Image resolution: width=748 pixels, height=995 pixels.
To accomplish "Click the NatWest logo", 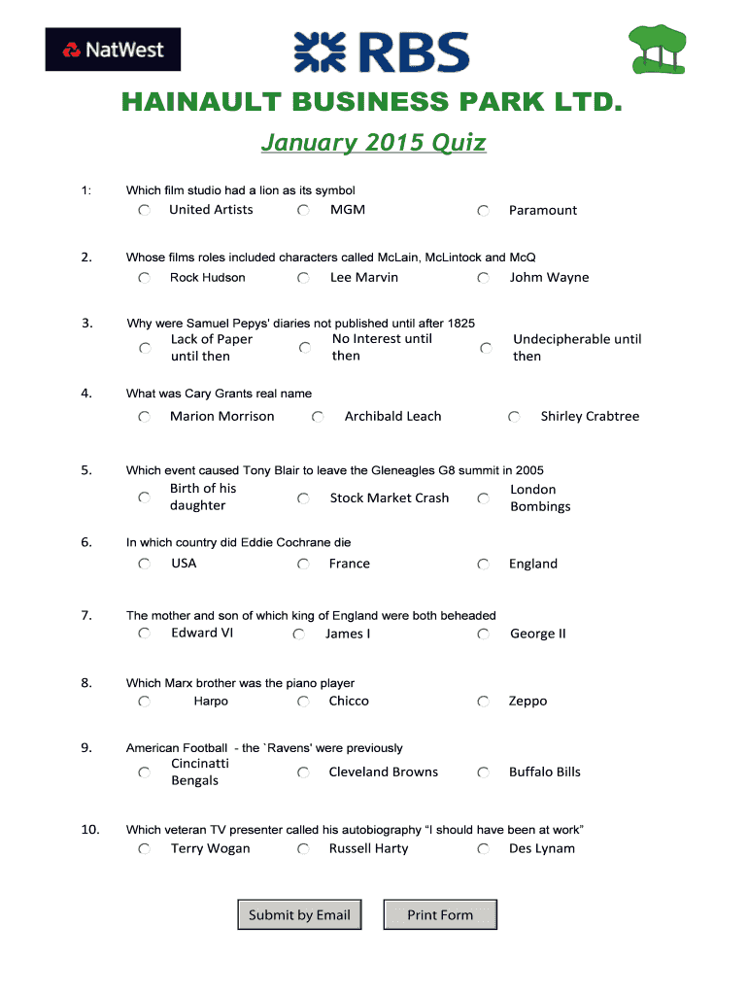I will (113, 50).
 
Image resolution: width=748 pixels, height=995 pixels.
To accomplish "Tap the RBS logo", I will (382, 52).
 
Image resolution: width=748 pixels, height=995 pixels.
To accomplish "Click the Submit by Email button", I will (299, 914).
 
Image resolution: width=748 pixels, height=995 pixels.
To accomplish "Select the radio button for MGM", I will (304, 210).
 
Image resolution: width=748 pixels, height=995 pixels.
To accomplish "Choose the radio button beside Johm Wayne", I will (483, 278).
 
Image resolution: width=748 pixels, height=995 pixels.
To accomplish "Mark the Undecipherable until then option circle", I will (486, 348).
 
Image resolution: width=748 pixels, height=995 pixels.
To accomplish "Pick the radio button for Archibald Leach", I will (318, 417).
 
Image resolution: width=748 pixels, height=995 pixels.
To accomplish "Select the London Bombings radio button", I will (483, 498).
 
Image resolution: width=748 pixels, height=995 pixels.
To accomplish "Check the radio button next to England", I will (483, 565).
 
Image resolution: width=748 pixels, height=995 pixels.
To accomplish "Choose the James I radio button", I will (298, 635).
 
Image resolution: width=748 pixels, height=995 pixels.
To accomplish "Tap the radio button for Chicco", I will (304, 702).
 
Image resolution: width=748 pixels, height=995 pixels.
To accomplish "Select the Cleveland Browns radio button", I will (304, 772).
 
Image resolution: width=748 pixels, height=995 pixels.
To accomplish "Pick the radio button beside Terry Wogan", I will (144, 849).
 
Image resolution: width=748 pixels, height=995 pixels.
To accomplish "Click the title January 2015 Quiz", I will (373, 143).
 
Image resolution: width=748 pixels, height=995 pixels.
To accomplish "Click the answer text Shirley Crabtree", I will (590, 417).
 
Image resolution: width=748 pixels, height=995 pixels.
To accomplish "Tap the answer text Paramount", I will (542, 210).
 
